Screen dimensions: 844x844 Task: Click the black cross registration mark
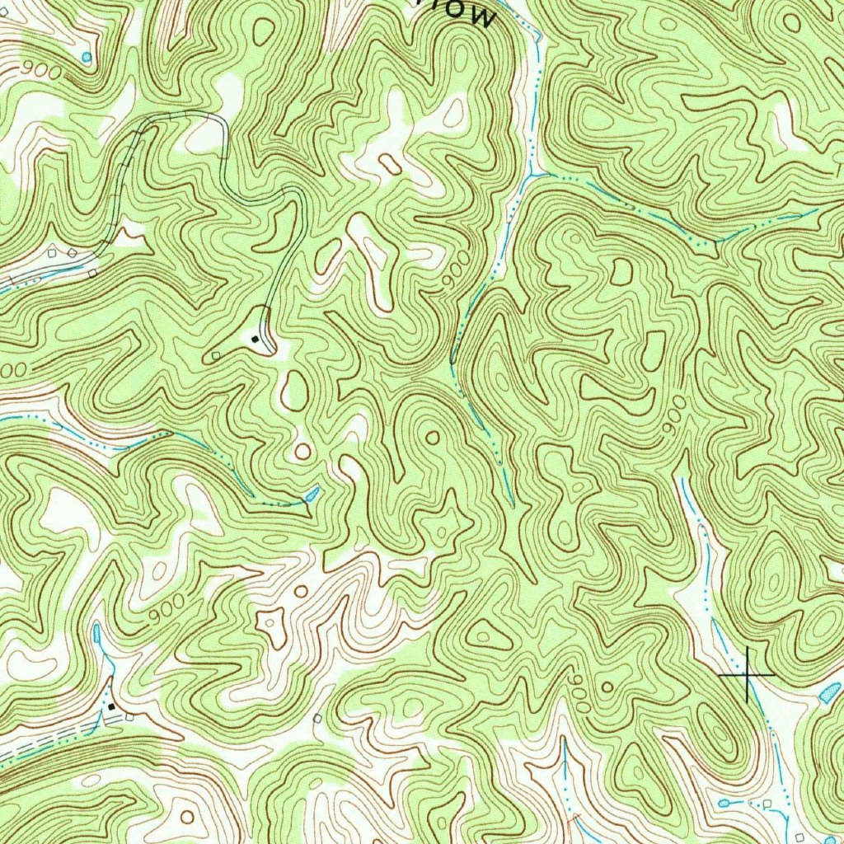click(x=747, y=675)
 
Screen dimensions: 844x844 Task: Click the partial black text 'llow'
click(x=470, y=12)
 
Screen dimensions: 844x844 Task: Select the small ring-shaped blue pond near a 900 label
click(x=87, y=56)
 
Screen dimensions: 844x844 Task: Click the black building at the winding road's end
click(x=256, y=338)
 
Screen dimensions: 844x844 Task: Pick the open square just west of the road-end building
click(x=216, y=355)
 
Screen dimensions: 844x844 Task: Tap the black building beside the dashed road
click(x=111, y=706)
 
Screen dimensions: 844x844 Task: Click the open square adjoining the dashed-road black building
click(x=129, y=717)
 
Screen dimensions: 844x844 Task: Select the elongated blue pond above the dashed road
click(x=98, y=633)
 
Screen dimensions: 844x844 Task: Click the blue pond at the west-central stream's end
click(x=312, y=495)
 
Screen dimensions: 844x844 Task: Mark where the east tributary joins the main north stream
click(x=537, y=175)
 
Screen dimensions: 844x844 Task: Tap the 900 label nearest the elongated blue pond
click(x=166, y=610)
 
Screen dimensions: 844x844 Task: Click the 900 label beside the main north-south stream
click(x=454, y=271)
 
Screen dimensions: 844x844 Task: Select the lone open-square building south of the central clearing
click(x=317, y=718)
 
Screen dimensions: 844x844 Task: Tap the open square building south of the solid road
click(x=93, y=272)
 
